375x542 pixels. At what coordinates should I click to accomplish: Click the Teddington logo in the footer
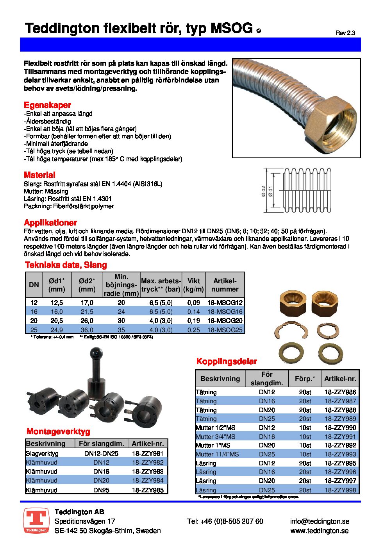tap(36, 521)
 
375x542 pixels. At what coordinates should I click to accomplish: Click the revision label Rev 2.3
tap(345, 33)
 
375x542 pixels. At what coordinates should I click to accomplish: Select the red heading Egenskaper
tap(47, 105)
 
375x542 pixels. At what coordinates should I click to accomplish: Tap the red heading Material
tap(39, 175)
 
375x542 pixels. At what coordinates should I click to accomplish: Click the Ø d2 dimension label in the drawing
tap(264, 191)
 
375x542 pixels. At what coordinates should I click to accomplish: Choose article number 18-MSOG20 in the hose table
tap(225, 320)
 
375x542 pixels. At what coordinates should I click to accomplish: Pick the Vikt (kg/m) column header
tap(193, 285)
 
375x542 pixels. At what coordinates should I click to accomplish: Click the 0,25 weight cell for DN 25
tap(193, 330)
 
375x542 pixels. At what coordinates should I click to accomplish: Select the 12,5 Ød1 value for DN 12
tap(57, 302)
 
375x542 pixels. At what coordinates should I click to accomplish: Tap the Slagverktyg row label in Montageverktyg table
tap(42, 453)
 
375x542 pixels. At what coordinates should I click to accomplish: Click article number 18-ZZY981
tap(148, 453)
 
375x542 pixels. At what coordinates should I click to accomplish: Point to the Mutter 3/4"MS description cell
tap(216, 436)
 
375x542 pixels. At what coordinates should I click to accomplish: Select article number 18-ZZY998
tap(340, 490)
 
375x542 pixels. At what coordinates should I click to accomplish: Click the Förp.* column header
tap(305, 379)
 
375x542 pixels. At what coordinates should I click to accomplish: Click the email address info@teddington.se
tap(320, 521)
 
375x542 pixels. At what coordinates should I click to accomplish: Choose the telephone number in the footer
tap(225, 521)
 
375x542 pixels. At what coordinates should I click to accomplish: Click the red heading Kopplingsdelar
tap(227, 361)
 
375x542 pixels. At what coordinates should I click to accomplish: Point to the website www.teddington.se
tap(320, 531)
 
